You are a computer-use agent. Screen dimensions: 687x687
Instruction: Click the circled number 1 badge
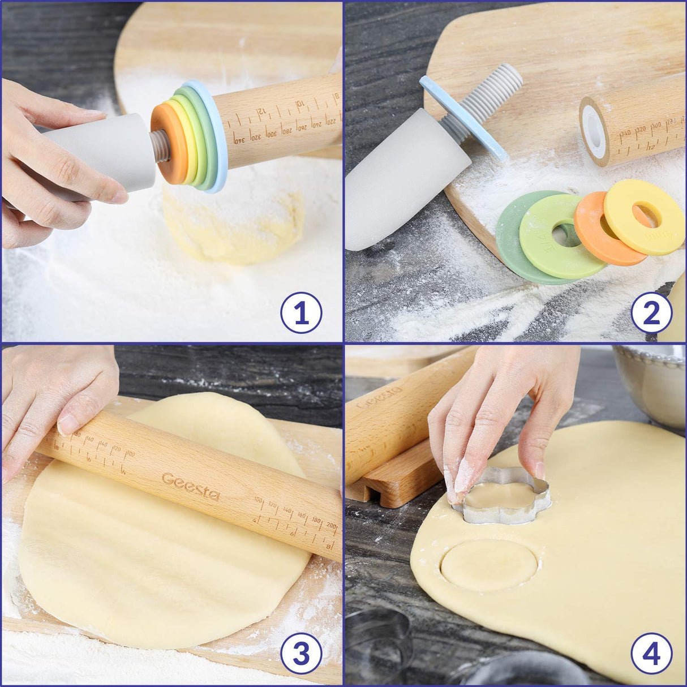(301, 312)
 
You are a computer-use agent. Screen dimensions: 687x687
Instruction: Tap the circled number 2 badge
(651, 312)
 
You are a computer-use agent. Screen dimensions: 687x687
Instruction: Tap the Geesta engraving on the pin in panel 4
(379, 397)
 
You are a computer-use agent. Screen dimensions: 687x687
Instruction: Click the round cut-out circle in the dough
(488, 565)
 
